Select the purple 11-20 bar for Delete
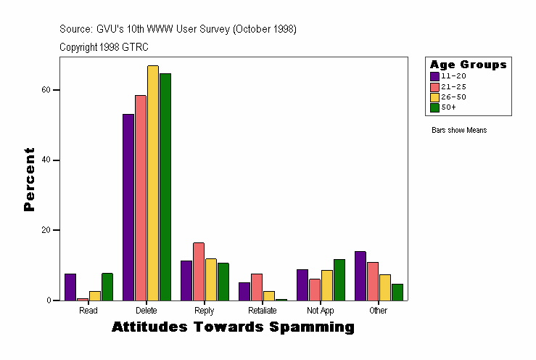(128, 207)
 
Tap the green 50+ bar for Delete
(165, 187)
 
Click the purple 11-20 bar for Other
(360, 276)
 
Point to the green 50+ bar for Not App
(339, 279)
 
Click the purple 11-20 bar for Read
(70, 287)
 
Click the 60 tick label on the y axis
(45, 90)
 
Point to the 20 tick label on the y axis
(45, 230)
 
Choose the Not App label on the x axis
(321, 311)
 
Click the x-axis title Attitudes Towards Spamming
(233, 327)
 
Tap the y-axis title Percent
(29, 179)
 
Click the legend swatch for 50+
(435, 107)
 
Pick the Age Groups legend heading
(468, 65)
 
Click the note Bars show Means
(459, 131)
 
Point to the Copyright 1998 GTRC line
(104, 46)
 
